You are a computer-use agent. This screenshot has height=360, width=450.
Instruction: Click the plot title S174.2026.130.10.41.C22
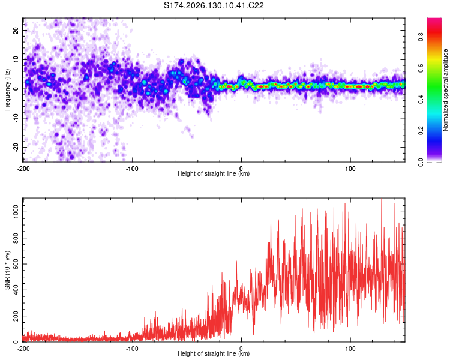[x=214, y=5]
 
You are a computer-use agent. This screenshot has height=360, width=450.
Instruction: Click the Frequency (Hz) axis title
[x=7, y=89]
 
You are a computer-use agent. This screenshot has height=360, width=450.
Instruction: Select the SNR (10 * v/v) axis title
[x=7, y=270]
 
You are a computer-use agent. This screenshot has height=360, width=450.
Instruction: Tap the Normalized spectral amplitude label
[x=445, y=90]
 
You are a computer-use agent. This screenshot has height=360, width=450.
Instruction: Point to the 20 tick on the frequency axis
[x=16, y=30]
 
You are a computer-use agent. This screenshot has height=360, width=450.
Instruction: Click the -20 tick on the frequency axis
[x=16, y=147]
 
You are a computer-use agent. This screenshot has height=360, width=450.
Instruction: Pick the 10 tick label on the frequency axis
[x=16, y=59]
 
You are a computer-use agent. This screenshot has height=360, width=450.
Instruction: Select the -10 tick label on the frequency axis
[x=16, y=118]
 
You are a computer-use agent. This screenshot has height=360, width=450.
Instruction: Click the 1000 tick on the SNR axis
[x=16, y=212]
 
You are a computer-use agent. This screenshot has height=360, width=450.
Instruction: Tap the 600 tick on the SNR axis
[x=16, y=264]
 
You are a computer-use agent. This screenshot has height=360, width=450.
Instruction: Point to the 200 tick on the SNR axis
[x=16, y=316]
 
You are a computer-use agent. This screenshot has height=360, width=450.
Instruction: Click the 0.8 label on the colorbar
[x=421, y=37]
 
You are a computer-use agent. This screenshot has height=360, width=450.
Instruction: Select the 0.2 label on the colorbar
[x=421, y=130]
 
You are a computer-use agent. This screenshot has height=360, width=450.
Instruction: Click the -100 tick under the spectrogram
[x=132, y=169]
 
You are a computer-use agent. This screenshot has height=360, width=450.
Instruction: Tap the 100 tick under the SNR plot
[x=350, y=349]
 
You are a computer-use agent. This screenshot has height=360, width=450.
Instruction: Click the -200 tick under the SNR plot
[x=23, y=349]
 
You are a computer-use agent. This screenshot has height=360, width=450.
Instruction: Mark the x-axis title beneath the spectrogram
[x=214, y=173]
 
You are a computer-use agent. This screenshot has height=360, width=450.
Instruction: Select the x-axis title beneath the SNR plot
[x=214, y=353]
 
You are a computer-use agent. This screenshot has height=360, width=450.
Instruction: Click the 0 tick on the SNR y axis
[x=16, y=341]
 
